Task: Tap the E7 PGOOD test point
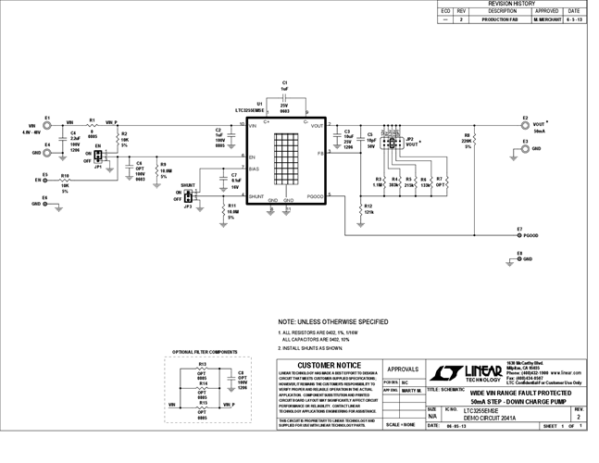519,235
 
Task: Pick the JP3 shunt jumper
189,196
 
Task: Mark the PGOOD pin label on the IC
316,196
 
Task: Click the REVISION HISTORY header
511,4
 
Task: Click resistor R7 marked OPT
441,181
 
